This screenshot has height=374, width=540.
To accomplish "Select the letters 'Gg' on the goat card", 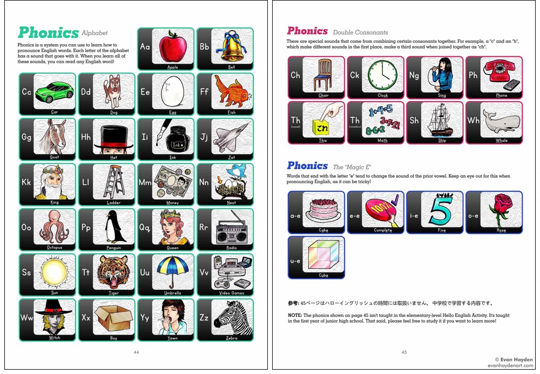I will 26,137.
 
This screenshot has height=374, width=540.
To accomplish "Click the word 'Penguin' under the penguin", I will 113,248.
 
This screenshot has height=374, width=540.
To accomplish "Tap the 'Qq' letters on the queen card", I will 145,228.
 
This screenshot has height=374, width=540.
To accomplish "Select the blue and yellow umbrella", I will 173,272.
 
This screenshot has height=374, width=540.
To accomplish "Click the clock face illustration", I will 383,75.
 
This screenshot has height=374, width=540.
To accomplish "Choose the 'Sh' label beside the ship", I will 414,121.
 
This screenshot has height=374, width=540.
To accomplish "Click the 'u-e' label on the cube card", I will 295,261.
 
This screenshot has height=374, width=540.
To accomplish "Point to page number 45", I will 404,352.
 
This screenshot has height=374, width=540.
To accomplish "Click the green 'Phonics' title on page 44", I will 48,33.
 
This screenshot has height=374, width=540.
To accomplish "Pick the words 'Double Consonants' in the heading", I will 360,32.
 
